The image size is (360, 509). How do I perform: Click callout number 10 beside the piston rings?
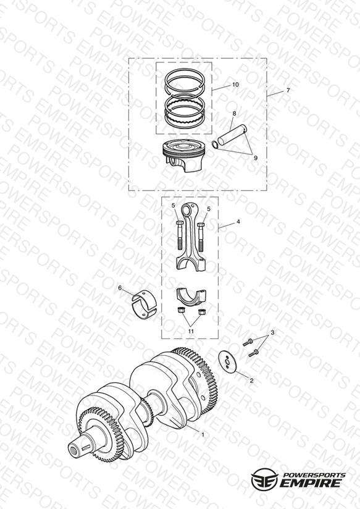pyautogui.click(x=235, y=85)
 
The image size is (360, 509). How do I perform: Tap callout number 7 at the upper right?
pyautogui.click(x=288, y=91)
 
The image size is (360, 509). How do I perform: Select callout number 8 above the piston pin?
pyautogui.click(x=234, y=113)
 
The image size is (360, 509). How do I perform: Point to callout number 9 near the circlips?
pyautogui.click(x=256, y=158)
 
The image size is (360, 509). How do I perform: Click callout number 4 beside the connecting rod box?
pyautogui.click(x=238, y=222)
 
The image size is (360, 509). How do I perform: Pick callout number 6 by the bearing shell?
pyautogui.click(x=120, y=288)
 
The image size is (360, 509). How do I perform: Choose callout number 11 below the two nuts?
pyautogui.click(x=191, y=331)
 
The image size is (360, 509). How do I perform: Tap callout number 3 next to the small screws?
pyautogui.click(x=272, y=333)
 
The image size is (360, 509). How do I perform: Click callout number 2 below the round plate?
pyautogui.click(x=251, y=381)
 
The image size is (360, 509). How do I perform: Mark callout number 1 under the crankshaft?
pyautogui.click(x=203, y=434)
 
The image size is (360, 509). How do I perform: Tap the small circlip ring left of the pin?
pyautogui.click(x=214, y=144)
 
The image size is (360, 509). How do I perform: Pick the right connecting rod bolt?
pyautogui.click(x=201, y=237)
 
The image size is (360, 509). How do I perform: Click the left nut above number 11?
pyautogui.click(x=181, y=310)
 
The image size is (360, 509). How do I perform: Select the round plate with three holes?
pyautogui.click(x=228, y=361)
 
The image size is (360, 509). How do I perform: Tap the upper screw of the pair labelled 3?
pyautogui.click(x=248, y=342)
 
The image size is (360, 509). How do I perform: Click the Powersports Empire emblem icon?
pyautogui.click(x=265, y=479)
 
